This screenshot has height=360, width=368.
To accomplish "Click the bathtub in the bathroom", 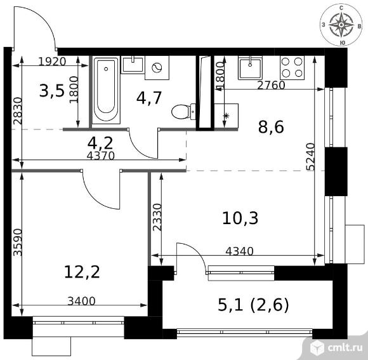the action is coord(106,90).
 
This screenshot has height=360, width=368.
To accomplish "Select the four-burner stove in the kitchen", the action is coord(292,68).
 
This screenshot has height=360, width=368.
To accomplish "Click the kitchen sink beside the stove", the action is coord(250,68).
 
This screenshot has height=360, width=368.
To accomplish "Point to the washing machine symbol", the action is coord(157,68).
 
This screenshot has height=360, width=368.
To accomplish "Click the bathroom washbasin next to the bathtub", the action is coord(133,65).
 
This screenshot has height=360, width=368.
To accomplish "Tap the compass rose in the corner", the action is coord(341,25).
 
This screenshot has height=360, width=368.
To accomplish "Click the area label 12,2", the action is coord(82,272).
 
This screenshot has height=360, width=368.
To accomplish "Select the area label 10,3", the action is coord(240,218).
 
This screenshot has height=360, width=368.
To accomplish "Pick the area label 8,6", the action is coord(271,127).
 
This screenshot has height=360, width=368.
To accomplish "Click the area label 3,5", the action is coord(51,91).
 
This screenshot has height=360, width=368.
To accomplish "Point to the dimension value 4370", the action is coord(100,156).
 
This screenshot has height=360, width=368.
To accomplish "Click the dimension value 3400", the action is coord(81,301).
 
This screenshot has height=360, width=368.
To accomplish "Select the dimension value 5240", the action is coord(310,156).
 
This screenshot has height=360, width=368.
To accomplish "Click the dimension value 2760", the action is coord(271,85).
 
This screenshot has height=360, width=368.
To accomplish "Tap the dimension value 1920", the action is coord(52,62).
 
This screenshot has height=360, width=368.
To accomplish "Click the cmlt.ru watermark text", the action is coord(345,348).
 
